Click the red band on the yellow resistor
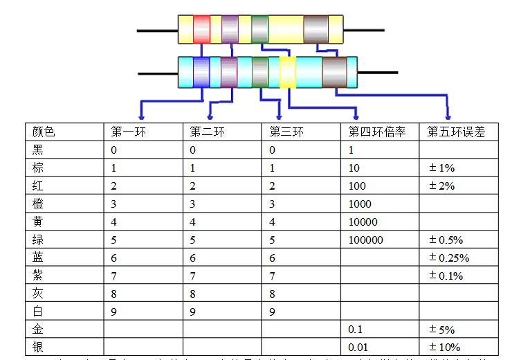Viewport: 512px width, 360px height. (x=201, y=30)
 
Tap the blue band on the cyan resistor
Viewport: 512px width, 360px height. (x=201, y=71)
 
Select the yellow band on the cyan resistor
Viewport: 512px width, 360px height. (x=288, y=71)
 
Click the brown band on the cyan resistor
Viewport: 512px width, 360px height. (x=334, y=71)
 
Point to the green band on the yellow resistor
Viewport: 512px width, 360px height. (x=259, y=30)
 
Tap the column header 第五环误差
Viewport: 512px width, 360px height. (x=452, y=132)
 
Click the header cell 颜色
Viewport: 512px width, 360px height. (x=44, y=132)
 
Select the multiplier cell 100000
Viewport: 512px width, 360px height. (x=366, y=240)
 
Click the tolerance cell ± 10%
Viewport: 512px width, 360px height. (x=445, y=347)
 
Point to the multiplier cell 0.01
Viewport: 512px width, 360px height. (x=358, y=347)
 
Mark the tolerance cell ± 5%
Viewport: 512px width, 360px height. (x=442, y=329)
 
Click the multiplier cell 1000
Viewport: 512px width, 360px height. (x=360, y=204)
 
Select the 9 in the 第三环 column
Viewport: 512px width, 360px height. (x=273, y=312)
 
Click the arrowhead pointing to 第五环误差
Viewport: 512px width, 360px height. (x=449, y=116)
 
